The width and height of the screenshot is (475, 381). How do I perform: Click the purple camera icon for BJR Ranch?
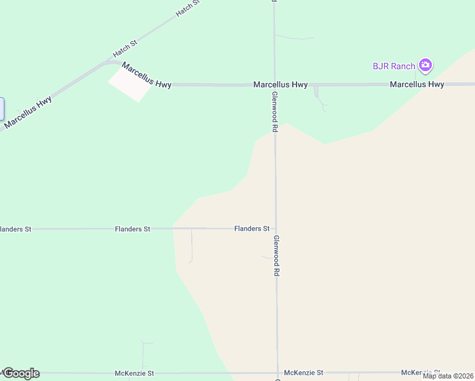[425, 65]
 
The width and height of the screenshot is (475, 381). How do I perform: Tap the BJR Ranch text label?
[394, 66]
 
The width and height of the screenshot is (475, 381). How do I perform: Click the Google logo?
[21, 373]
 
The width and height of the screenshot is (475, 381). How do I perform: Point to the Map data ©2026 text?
[448, 376]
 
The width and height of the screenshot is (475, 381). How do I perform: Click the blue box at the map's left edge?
[2, 109]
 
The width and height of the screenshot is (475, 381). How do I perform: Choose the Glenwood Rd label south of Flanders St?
[276, 255]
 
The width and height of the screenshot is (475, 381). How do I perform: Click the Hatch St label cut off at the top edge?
[188, 8]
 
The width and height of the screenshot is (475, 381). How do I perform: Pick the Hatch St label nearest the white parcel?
[124, 46]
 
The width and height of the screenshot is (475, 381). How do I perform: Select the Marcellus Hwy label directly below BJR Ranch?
[417, 84]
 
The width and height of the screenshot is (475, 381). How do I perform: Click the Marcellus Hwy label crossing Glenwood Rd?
[281, 84]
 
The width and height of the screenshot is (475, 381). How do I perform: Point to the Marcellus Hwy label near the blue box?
[28, 112]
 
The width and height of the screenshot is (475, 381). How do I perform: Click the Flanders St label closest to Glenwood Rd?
[251, 229]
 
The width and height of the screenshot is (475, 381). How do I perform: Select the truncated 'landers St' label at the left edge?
[16, 229]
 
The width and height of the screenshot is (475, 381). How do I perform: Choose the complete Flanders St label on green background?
[132, 229]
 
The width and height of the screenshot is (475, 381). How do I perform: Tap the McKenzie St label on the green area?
[134, 373]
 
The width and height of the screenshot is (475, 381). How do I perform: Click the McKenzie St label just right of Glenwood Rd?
[304, 373]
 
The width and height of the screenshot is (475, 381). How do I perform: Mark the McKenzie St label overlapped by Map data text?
[420, 372]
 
